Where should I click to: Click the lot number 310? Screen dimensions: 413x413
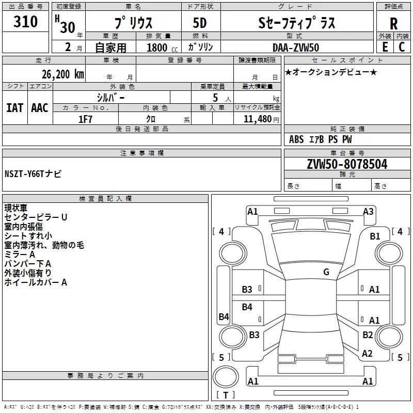(25, 22)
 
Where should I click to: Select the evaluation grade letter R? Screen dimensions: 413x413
(393, 24)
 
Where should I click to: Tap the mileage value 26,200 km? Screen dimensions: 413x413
(63, 74)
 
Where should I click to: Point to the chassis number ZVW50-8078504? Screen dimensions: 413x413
(347, 164)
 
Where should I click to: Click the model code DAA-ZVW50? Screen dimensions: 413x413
(296, 47)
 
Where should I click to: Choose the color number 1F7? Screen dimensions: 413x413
(85, 119)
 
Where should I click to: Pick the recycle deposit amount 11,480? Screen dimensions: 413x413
(257, 119)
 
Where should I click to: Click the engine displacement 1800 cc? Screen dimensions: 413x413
(162, 47)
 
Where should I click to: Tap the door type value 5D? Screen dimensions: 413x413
(200, 23)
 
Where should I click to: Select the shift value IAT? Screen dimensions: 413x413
(15, 108)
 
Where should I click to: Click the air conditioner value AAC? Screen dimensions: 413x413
(40, 108)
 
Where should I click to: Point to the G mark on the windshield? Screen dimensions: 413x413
(326, 272)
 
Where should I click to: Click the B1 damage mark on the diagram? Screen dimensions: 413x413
(375, 236)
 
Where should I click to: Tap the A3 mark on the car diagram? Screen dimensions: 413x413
(368, 212)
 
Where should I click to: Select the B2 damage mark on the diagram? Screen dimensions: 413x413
(368, 335)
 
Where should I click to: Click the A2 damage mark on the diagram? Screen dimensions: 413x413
(367, 354)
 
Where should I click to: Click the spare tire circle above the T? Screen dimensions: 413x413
(226, 377)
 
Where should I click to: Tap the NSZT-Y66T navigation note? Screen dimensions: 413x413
(33, 174)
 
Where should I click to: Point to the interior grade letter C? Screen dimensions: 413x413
(402, 47)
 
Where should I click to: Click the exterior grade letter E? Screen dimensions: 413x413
(385, 47)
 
